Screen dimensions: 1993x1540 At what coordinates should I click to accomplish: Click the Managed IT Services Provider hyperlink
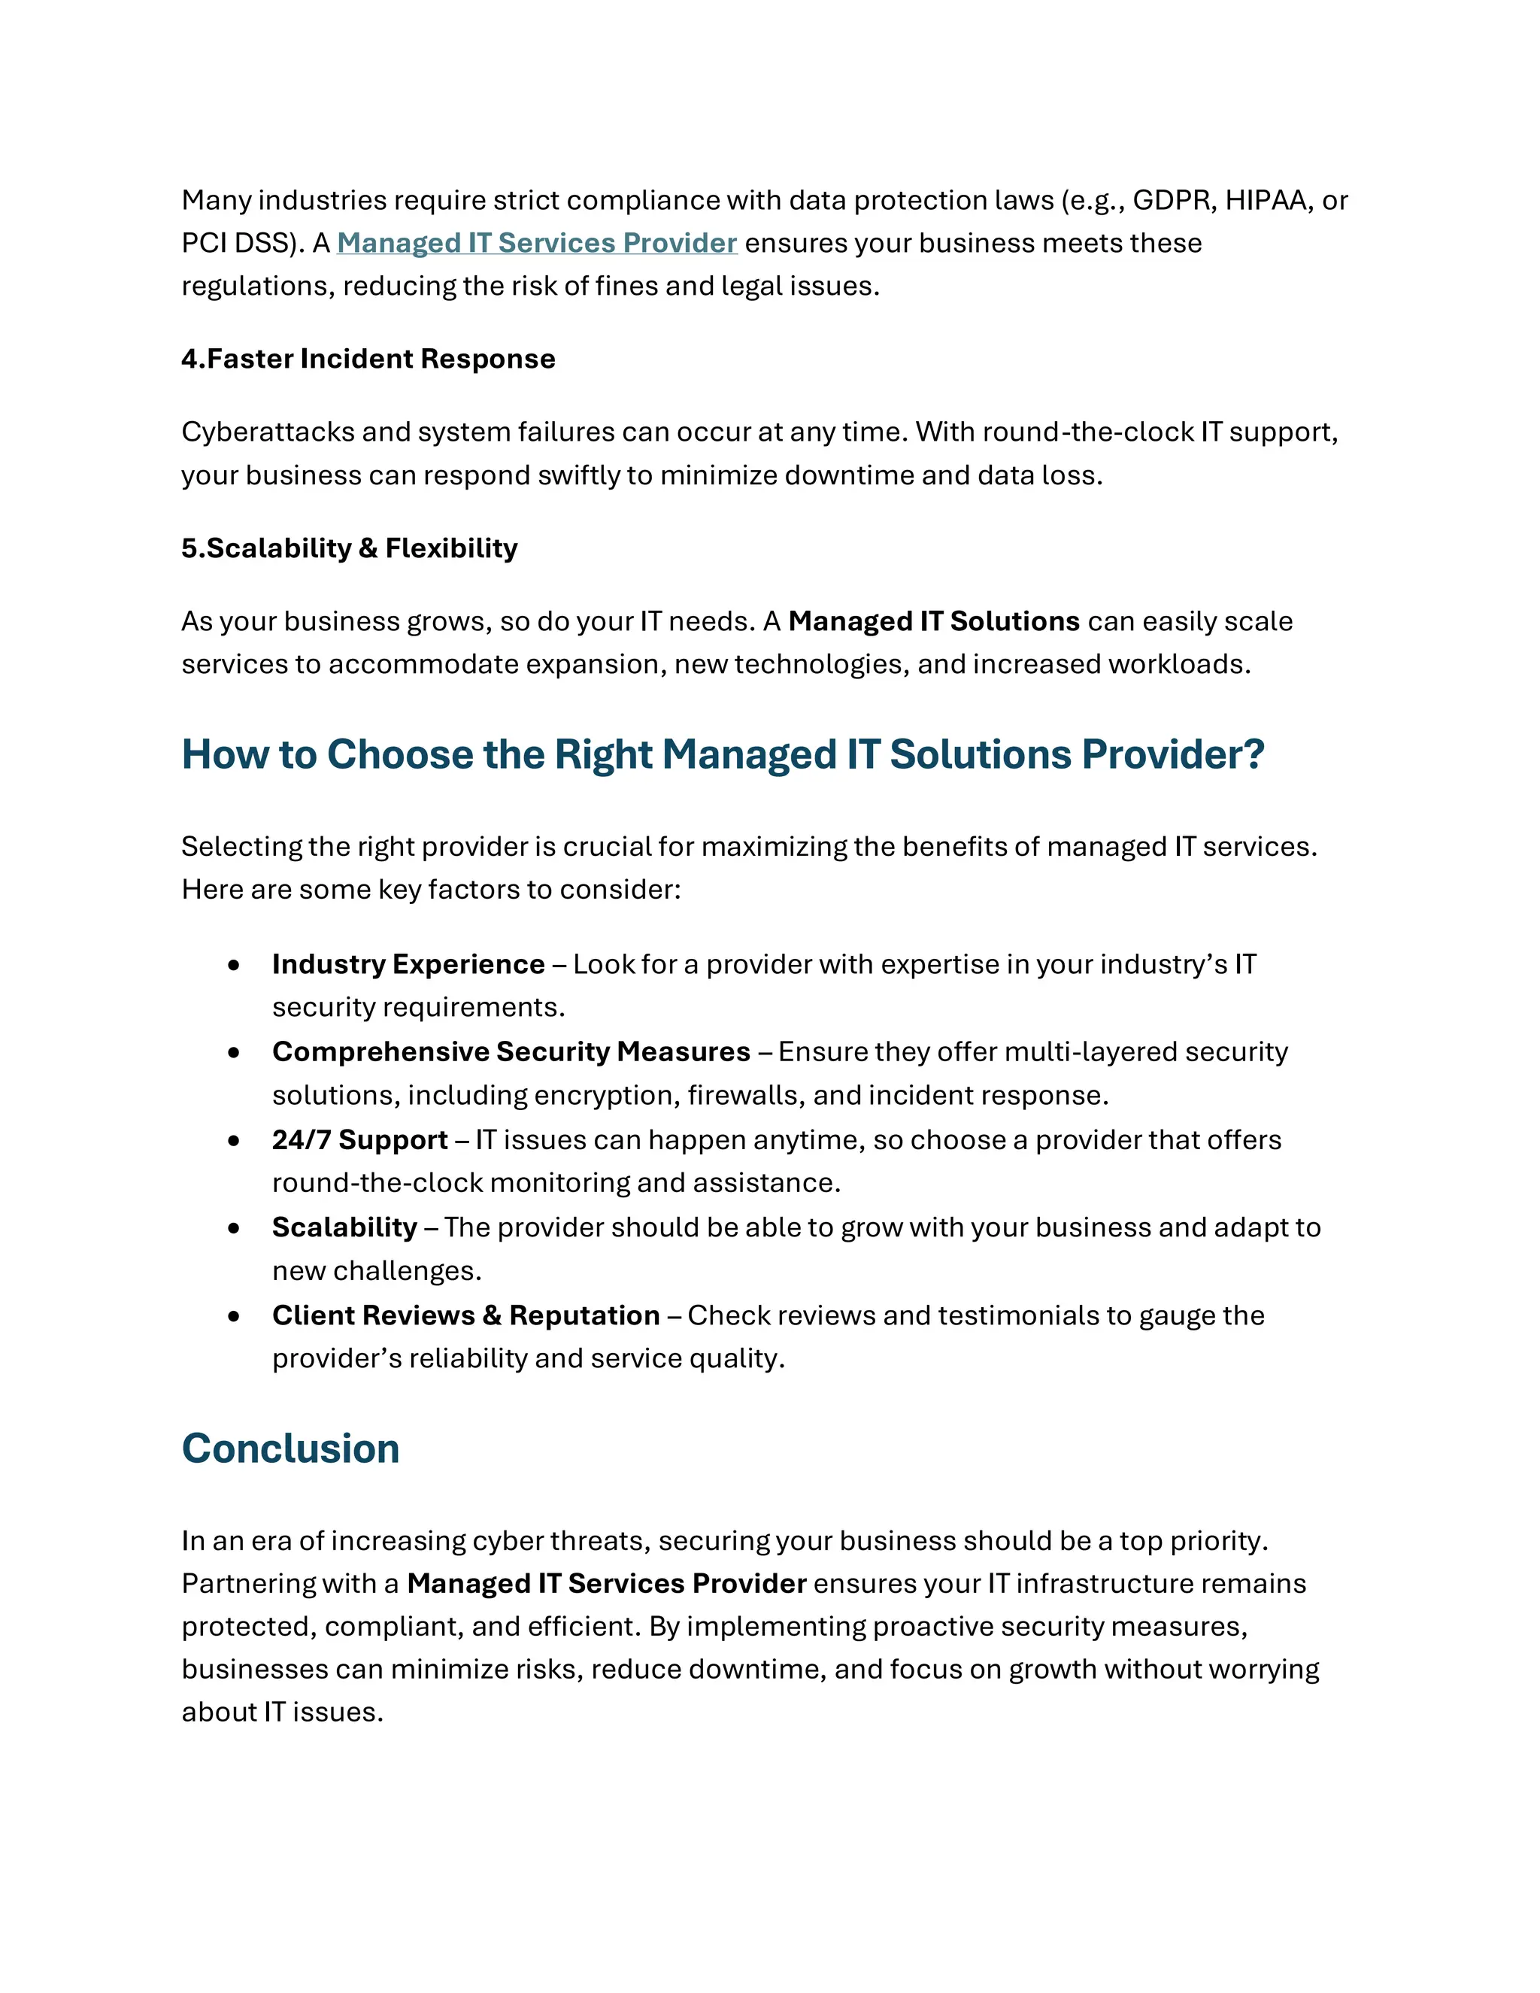[536, 243]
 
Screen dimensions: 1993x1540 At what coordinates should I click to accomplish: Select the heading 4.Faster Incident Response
[368, 359]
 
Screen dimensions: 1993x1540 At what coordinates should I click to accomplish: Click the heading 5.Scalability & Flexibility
[350, 548]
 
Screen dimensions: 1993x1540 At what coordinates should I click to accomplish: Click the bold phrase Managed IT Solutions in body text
[933, 621]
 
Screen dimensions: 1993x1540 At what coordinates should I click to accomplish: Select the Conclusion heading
[290, 1449]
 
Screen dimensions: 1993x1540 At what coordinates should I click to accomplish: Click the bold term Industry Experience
[408, 965]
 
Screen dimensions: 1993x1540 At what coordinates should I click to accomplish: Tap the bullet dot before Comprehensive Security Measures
[235, 1052]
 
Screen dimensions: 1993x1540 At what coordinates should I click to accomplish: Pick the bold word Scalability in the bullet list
[344, 1227]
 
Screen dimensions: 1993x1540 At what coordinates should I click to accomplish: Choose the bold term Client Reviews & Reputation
[465, 1316]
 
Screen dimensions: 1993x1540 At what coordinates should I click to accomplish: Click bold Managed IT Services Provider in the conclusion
[606, 1583]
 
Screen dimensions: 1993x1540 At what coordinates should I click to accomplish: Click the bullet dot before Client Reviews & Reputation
[235, 1316]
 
